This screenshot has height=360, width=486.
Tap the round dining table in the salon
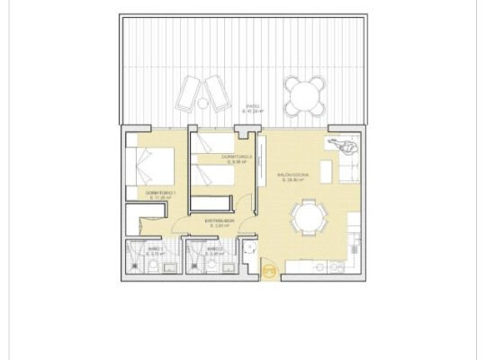pos(308,218)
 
